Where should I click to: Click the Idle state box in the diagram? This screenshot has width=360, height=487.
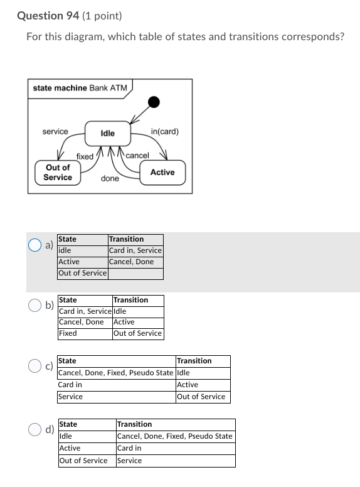click(x=108, y=133)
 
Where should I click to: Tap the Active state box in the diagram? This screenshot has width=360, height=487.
click(x=162, y=172)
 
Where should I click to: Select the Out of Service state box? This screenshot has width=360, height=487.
click(x=58, y=173)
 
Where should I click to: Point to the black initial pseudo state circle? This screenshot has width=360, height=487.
click(x=153, y=102)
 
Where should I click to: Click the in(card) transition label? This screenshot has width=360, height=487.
click(x=165, y=132)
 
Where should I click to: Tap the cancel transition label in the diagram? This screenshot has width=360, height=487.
click(x=137, y=155)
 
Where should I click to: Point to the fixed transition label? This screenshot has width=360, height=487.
click(x=85, y=156)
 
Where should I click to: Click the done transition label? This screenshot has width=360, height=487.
click(x=110, y=179)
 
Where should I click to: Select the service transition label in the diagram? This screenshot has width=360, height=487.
click(x=55, y=131)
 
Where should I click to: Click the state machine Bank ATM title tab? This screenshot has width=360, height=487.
click(x=80, y=88)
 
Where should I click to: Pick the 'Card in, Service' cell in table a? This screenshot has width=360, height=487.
click(x=135, y=250)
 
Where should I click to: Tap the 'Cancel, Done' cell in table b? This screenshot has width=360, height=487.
click(x=82, y=322)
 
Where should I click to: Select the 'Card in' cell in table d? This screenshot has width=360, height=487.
click(x=129, y=448)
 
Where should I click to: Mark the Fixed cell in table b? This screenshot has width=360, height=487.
click(x=68, y=333)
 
